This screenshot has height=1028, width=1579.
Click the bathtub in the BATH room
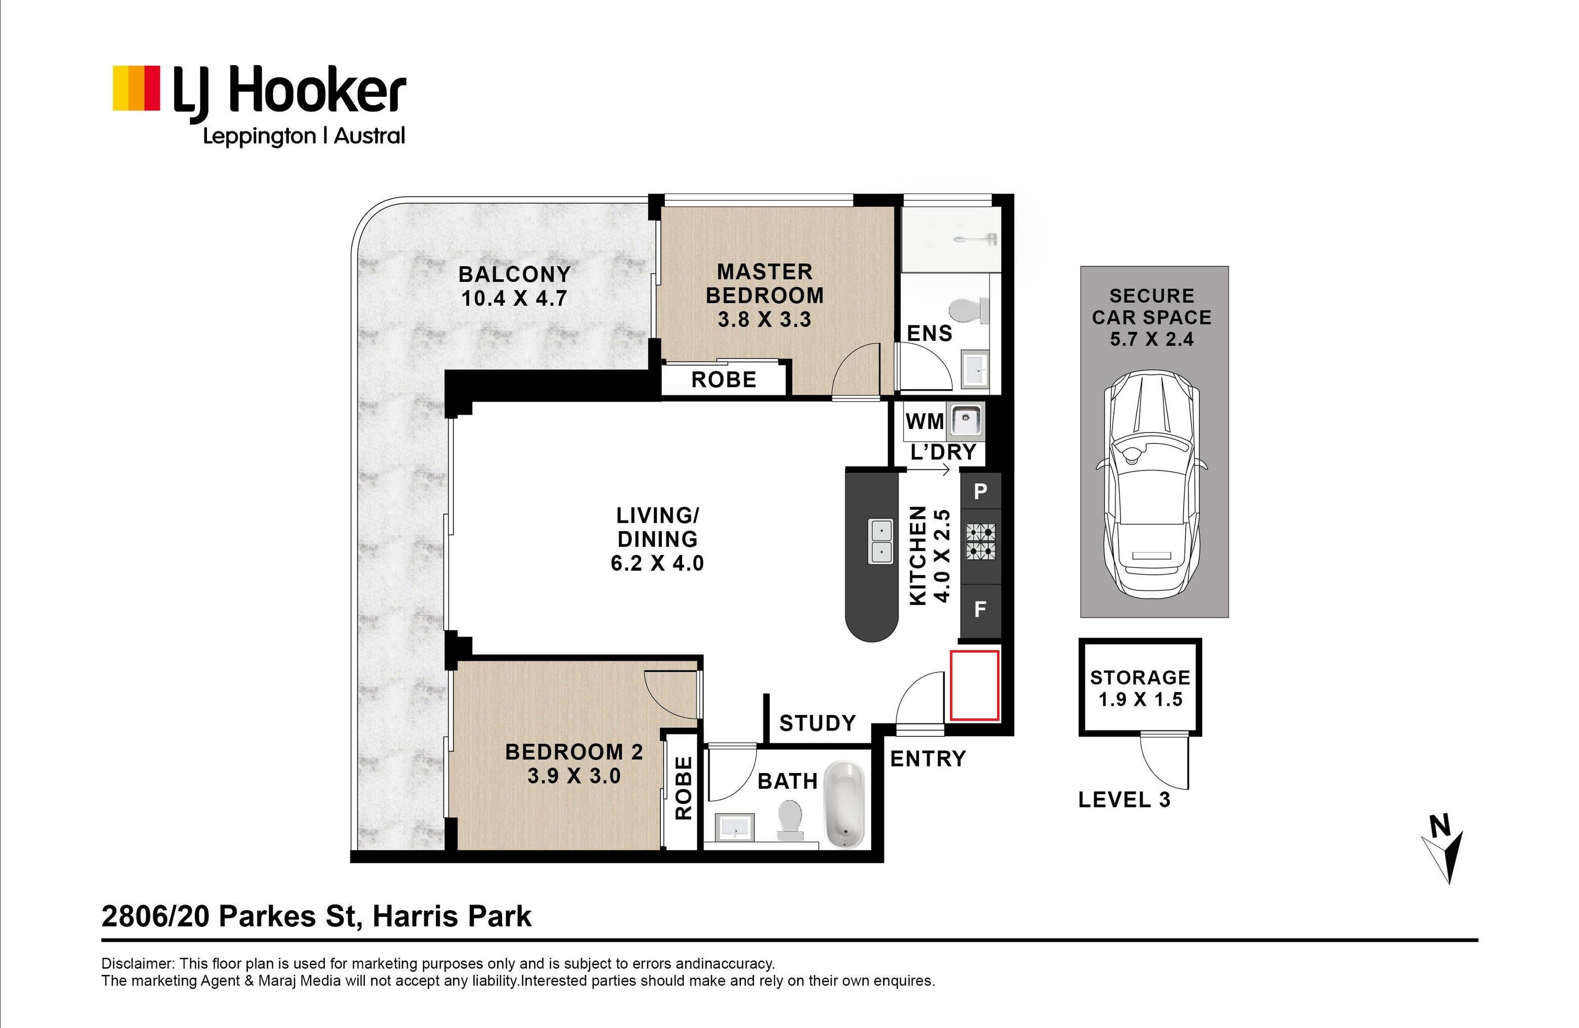843,804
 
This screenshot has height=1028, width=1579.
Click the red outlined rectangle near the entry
975,685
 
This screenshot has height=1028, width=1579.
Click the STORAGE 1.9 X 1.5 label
1140,689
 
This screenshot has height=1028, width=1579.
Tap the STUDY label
817,723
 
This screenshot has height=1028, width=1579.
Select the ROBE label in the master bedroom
724,380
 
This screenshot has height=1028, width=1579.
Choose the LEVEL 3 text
1125,800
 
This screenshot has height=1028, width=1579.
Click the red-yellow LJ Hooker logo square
136,88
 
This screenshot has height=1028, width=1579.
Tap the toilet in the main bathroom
789,821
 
